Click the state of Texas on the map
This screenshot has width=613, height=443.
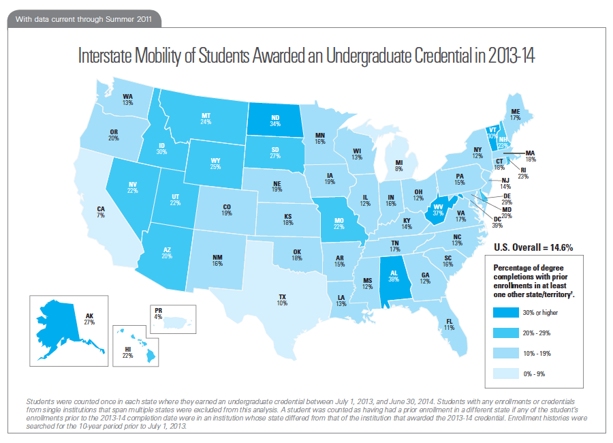click(x=282, y=301)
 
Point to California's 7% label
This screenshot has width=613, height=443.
click(x=101, y=212)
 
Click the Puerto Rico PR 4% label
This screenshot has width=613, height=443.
click(x=157, y=315)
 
